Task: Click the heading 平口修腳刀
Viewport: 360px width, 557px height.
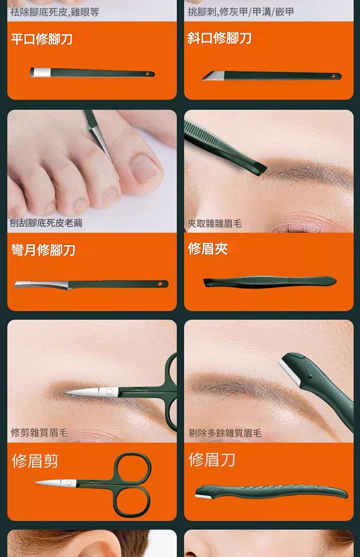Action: pyautogui.click(x=42, y=39)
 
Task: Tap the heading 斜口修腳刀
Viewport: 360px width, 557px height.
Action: pyautogui.click(x=219, y=38)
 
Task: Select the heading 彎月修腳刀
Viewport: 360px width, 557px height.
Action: pyautogui.click(x=44, y=250)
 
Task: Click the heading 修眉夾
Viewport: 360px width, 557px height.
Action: pyautogui.click(x=207, y=249)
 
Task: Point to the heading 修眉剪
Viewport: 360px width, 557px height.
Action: pyautogui.click(x=35, y=461)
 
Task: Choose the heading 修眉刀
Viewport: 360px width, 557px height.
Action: pyautogui.click(x=212, y=460)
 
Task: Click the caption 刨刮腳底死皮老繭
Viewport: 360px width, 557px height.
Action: pyautogui.click(x=46, y=223)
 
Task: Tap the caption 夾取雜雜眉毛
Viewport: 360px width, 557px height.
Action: pyautogui.click(x=215, y=223)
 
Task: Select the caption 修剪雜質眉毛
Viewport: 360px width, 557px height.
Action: pyautogui.click(x=39, y=433)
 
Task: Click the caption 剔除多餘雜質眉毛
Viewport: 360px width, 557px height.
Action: pyautogui.click(x=225, y=433)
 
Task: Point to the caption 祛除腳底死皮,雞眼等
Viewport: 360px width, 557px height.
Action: pyautogui.click(x=55, y=12)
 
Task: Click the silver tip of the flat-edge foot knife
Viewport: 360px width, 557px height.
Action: pyautogui.click(x=41, y=72)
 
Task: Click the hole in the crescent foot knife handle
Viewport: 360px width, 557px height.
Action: pyautogui.click(x=160, y=284)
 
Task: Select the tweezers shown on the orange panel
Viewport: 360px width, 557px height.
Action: pyautogui.click(x=269, y=281)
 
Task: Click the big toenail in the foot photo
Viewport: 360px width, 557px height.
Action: pyautogui.click(x=144, y=168)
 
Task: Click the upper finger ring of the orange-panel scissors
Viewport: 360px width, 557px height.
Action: pyautogui.click(x=132, y=468)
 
